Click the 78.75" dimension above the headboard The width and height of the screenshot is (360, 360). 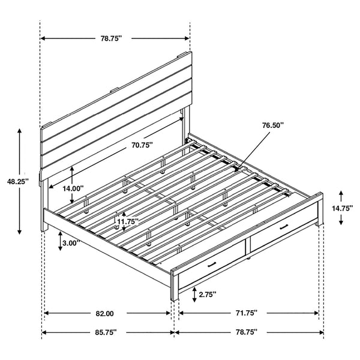111,38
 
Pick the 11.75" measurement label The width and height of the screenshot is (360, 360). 127,221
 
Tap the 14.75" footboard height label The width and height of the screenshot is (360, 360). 342,208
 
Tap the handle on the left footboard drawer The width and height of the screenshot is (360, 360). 212,265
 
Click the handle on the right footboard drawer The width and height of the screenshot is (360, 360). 283,226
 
